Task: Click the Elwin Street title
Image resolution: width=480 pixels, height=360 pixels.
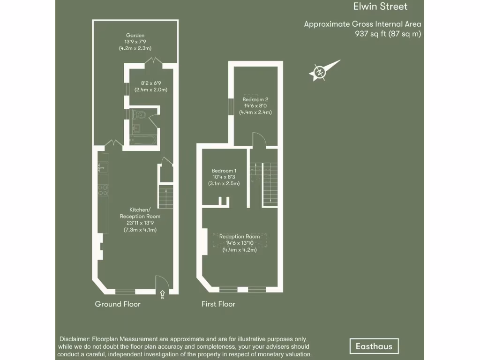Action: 380,7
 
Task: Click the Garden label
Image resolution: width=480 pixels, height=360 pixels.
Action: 135,35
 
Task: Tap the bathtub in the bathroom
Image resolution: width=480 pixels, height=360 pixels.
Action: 141,140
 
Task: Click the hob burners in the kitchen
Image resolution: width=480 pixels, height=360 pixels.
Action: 102,190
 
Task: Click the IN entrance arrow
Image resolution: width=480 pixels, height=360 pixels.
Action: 163,294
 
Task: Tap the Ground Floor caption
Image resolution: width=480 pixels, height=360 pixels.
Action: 118,304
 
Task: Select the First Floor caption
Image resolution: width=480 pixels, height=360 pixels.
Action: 218,304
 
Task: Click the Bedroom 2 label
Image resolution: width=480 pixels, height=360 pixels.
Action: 255,99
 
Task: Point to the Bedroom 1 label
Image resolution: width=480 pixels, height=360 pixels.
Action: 224,171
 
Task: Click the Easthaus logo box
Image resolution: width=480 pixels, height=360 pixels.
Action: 374,346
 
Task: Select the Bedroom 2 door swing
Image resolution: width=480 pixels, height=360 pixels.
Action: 259,140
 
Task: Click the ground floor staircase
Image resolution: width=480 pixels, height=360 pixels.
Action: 165,197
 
